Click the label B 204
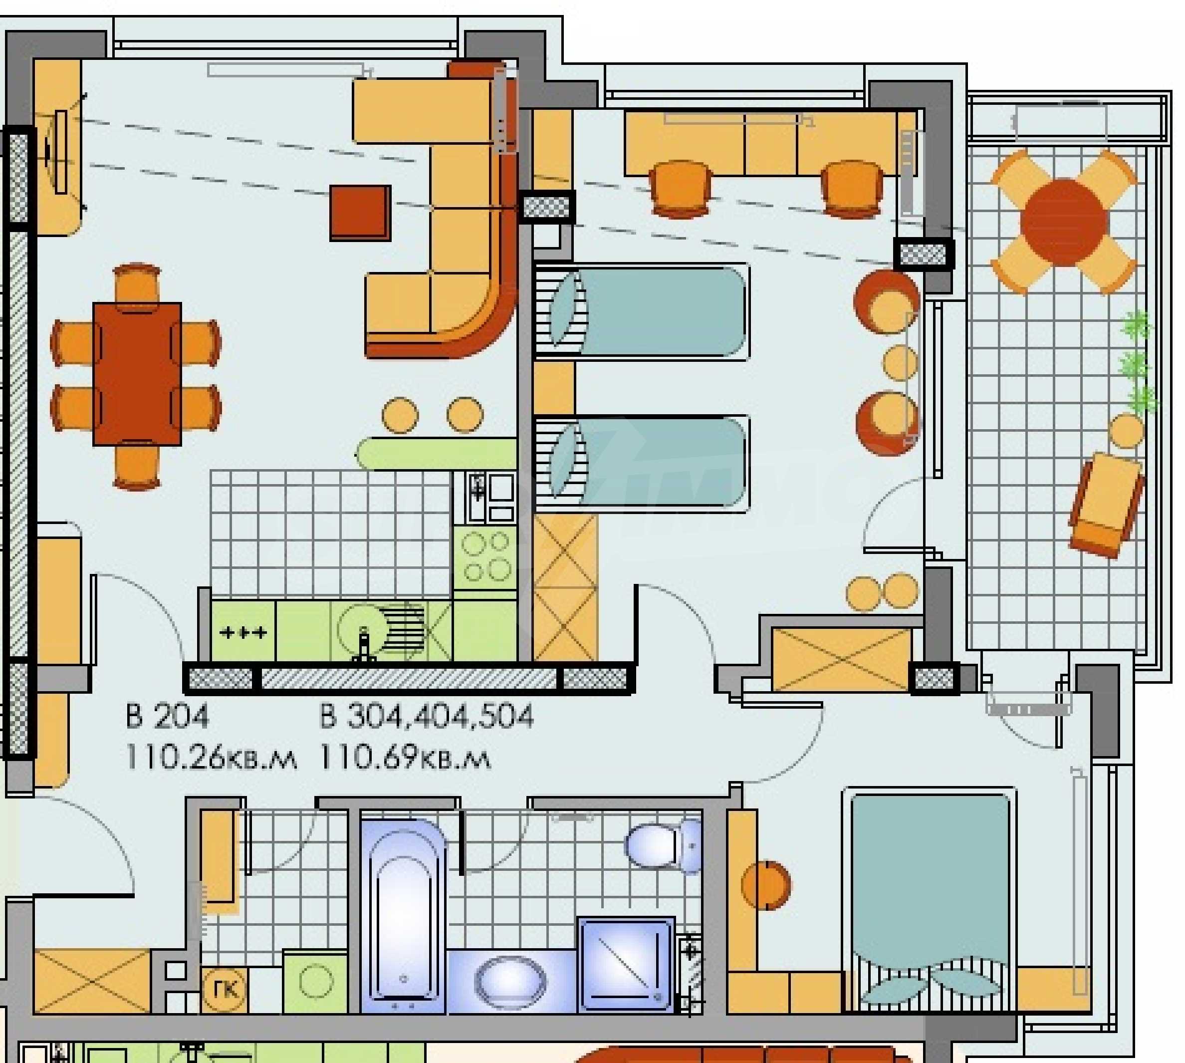[167, 717]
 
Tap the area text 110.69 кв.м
[405, 759]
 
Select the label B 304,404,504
[426, 717]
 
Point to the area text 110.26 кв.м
[211, 759]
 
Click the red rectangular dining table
[137, 374]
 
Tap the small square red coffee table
[360, 213]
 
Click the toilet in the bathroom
[663, 845]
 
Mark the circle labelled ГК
[224, 991]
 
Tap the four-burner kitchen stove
[485, 558]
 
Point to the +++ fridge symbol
[243, 632]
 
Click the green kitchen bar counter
[437, 453]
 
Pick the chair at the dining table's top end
[137, 283]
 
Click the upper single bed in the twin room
[643, 311]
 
